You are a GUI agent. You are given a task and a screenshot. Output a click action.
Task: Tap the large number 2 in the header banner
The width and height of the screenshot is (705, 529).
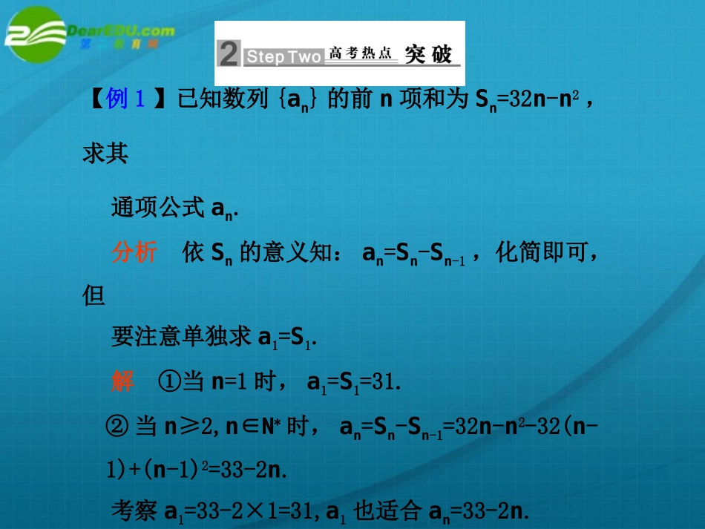(x=229, y=54)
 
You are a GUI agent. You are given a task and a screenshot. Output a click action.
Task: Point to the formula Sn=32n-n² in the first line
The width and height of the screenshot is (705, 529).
(x=526, y=99)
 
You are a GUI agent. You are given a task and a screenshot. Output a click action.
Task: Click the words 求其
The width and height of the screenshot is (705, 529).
(x=105, y=154)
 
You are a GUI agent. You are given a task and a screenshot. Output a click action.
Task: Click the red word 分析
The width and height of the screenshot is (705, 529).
(x=134, y=253)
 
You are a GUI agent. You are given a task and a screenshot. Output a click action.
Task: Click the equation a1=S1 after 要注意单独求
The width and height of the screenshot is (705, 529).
(x=287, y=338)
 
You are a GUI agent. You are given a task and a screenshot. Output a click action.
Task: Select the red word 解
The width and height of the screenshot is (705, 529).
(x=122, y=381)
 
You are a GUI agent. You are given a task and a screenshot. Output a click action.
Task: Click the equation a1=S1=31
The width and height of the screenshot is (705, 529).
(x=354, y=383)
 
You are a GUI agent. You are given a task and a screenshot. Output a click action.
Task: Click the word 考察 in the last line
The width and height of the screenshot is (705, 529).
(x=134, y=511)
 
